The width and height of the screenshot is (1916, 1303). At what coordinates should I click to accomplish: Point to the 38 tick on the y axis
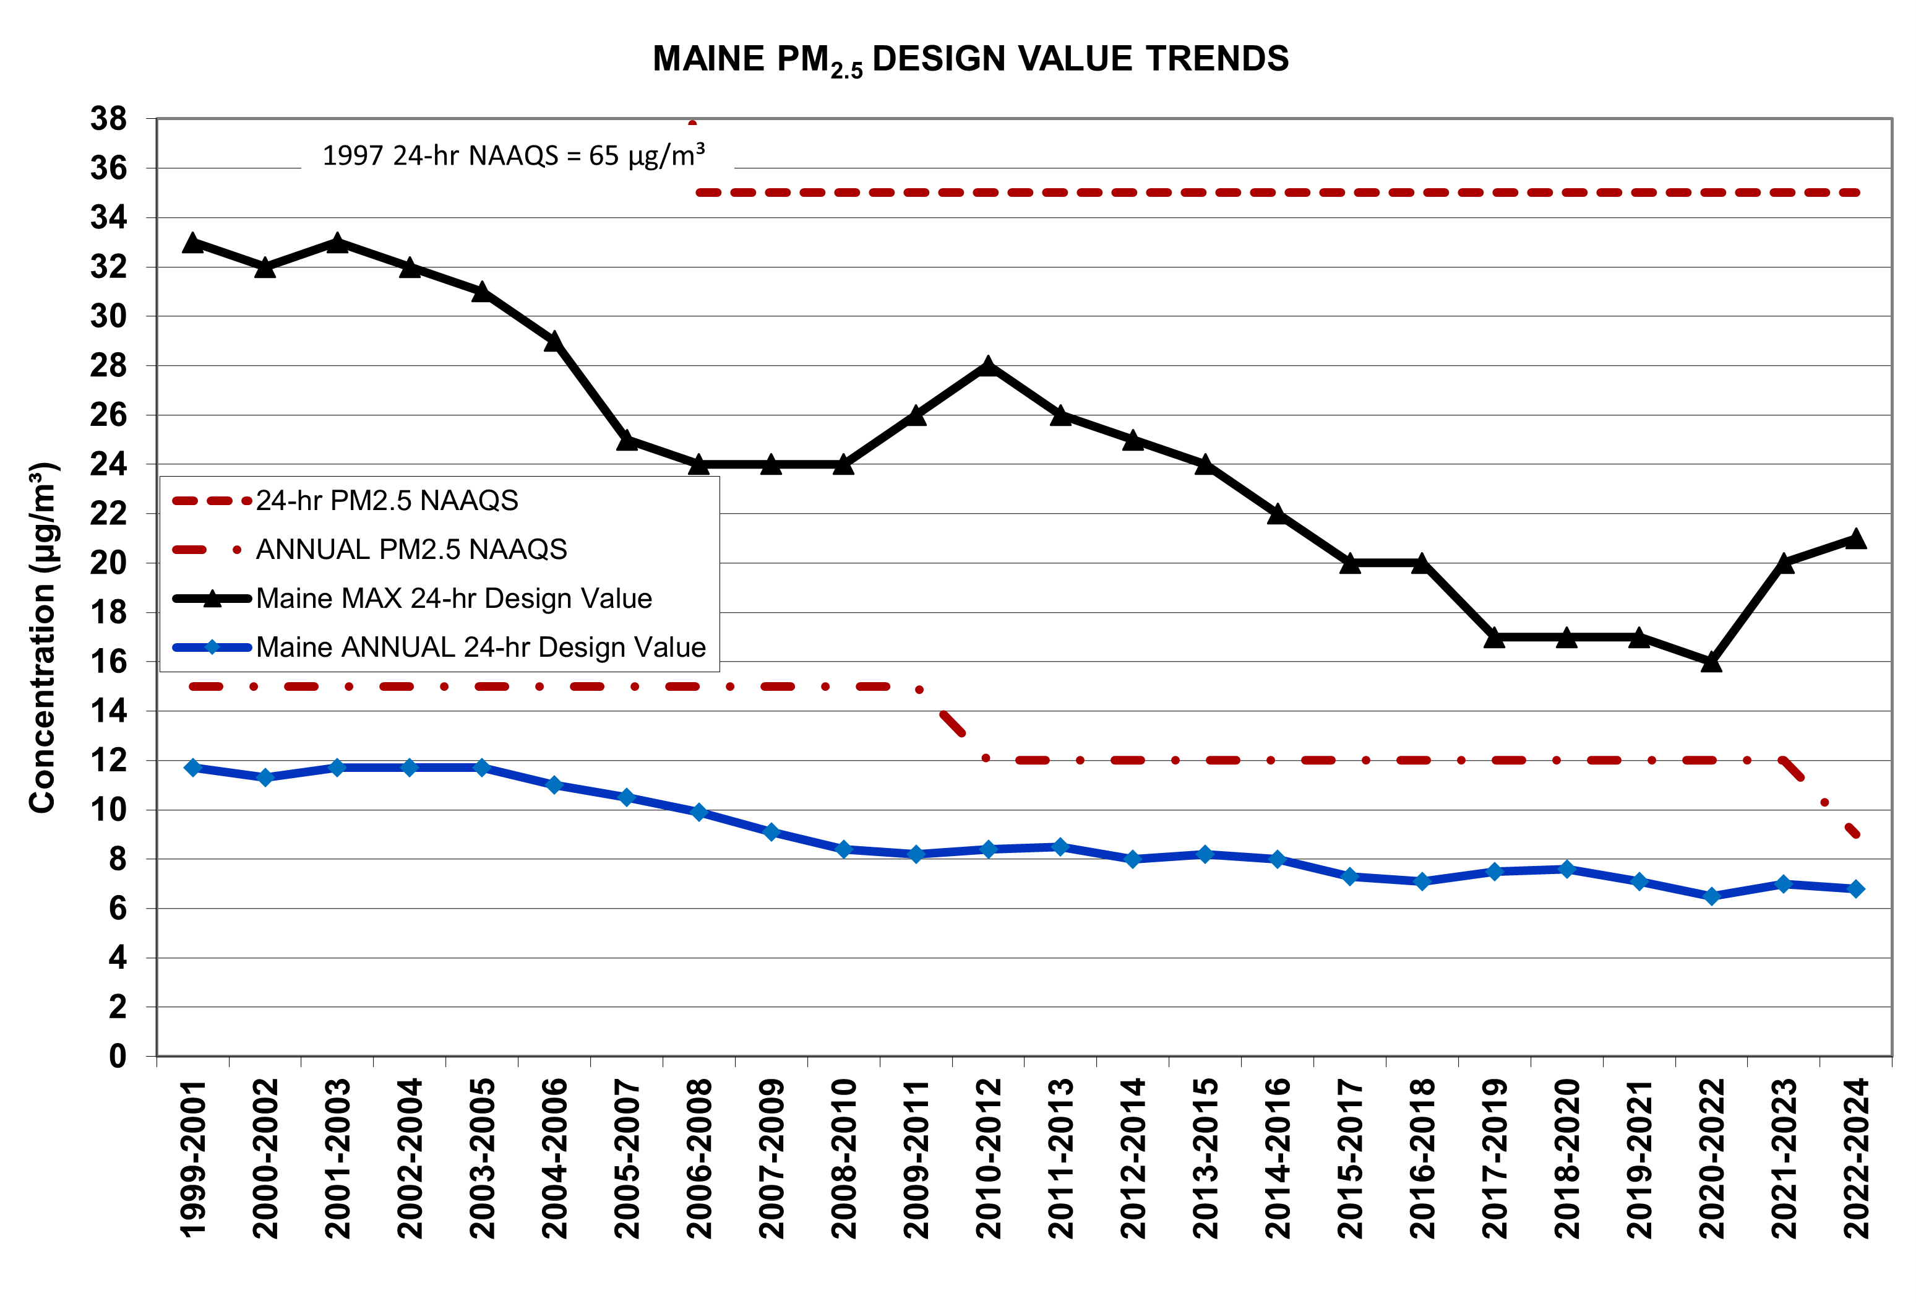point(109,119)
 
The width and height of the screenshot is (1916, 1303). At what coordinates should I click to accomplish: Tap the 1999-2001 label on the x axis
point(193,1158)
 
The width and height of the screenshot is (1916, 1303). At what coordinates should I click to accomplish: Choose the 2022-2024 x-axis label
point(1856,1158)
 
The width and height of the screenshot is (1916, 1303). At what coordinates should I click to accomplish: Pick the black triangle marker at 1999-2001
point(193,243)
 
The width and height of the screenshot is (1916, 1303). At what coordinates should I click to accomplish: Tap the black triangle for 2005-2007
point(627,439)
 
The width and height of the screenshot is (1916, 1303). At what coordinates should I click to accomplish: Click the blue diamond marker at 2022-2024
point(1856,889)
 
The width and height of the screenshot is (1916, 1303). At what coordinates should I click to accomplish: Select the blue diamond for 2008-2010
point(843,849)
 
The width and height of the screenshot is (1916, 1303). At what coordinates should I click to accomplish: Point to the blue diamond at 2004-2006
point(554,785)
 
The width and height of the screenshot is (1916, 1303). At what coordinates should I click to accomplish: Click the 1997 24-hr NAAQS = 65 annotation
point(513,155)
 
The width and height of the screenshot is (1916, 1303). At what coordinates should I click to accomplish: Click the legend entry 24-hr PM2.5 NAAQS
point(387,501)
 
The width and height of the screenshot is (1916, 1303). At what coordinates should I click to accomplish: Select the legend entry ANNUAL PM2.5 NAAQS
point(411,549)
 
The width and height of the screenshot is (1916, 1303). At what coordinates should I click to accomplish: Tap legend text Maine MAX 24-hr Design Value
point(453,598)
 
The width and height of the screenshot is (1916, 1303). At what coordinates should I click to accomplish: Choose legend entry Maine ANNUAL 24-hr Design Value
point(480,647)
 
